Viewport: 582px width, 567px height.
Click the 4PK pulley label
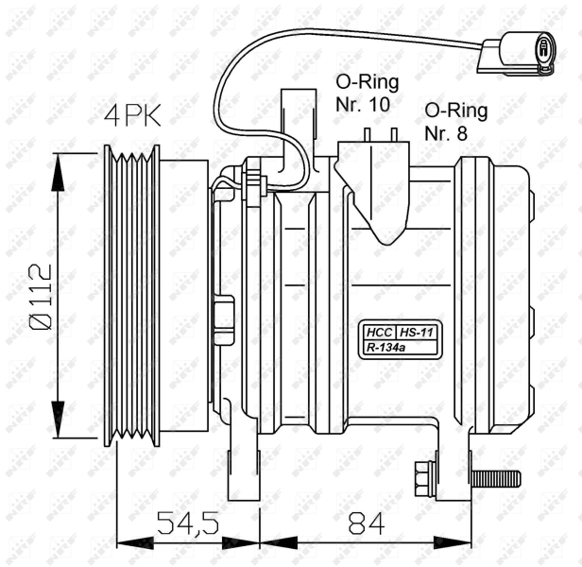pos(132,115)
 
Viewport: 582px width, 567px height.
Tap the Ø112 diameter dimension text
pos(41,297)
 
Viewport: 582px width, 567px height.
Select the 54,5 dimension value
pos(188,523)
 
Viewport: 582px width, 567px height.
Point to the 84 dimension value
pos(367,523)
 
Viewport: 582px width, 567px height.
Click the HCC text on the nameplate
pos(379,332)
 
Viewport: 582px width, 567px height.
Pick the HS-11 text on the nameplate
pos(417,332)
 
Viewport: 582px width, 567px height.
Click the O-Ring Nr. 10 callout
pos(367,93)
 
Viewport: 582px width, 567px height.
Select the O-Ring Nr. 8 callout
pos(455,122)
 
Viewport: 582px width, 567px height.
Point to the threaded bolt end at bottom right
pos(495,479)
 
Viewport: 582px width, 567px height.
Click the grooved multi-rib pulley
pos(131,296)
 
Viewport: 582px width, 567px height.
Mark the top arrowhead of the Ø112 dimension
pos(58,172)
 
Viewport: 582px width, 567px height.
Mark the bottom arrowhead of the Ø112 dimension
pos(58,420)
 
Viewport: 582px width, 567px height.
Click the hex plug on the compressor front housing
pos(224,319)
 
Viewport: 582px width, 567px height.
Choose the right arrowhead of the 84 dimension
pos(453,543)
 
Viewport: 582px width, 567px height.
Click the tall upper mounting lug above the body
pos(299,130)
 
